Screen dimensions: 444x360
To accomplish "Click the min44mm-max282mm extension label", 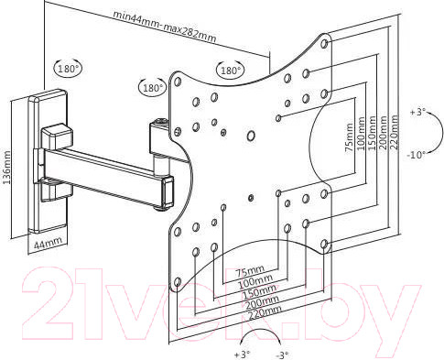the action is coord(165,27).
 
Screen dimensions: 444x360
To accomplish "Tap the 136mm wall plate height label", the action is coord(6,167).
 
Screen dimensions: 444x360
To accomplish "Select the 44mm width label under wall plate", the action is coord(48,243).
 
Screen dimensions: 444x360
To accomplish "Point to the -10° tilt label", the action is coord(416,155).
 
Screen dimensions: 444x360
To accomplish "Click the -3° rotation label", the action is coord(282,355).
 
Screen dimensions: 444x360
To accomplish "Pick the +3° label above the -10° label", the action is coord(417,112).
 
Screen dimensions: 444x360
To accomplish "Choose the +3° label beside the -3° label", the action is coord(242,355).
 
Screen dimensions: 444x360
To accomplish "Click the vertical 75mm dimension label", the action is coord(349,136).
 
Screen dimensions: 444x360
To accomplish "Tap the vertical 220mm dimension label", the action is coord(394,132).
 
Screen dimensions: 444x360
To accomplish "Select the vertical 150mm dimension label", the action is coord(372,133).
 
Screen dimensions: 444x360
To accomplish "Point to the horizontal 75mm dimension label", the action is coord(250,270).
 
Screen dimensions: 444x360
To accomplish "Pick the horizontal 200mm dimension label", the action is coord(262,302).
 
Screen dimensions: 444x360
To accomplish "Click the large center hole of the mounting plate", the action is coord(251,136).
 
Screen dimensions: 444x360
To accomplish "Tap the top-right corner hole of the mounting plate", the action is coord(325,44).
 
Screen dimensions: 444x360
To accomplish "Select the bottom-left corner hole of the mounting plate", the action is coord(178,282).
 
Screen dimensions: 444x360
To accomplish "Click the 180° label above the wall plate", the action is coord(69,69).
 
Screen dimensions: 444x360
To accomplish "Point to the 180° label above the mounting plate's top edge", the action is coord(231,71).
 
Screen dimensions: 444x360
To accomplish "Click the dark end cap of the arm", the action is coord(168,192).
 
